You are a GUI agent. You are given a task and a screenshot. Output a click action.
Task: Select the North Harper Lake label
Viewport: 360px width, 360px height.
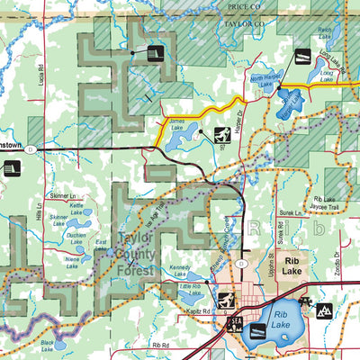pyautogui.click(x=263, y=82)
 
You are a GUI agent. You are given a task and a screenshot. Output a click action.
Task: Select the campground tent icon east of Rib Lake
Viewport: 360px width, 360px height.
pyautogui.click(x=325, y=310)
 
